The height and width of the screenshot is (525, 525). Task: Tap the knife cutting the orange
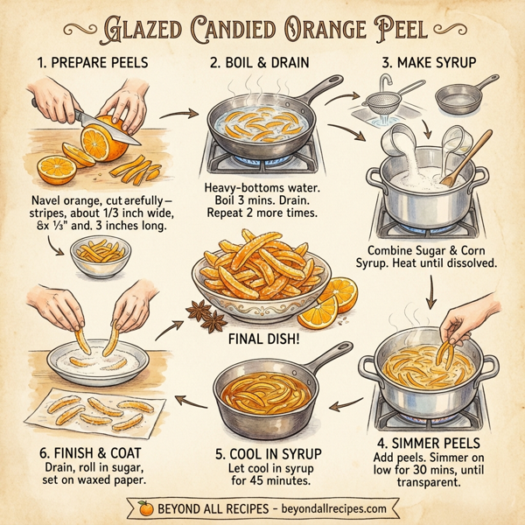tap(105, 123)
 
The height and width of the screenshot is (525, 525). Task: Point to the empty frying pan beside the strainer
tap(464, 98)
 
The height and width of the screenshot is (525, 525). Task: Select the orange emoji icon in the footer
tap(145, 507)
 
